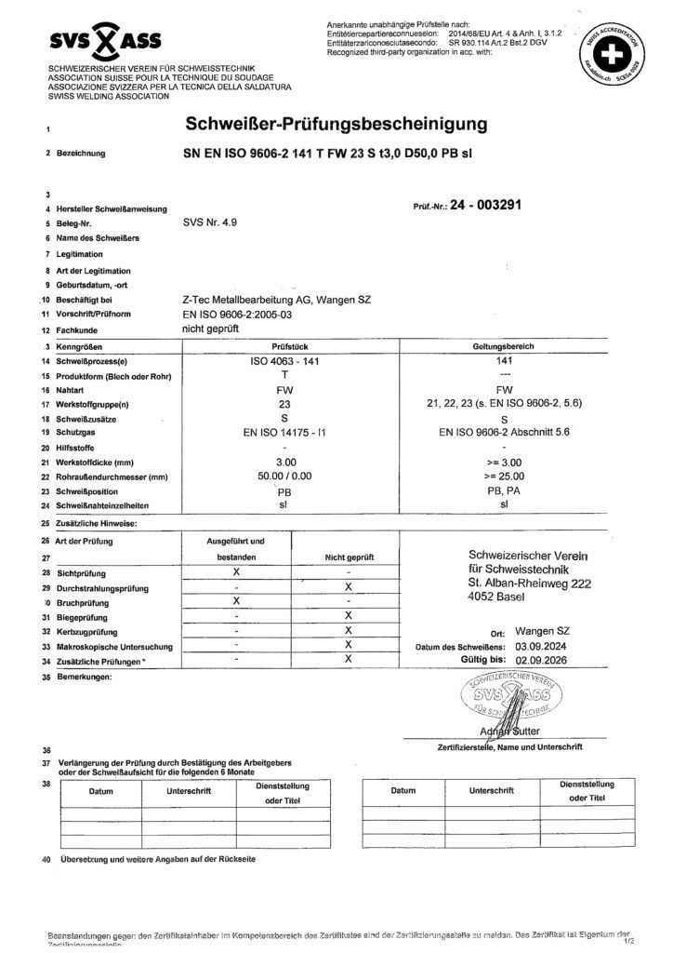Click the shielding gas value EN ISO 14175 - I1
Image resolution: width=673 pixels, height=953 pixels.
click(x=285, y=433)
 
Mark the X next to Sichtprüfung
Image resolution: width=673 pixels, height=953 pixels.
click(x=238, y=572)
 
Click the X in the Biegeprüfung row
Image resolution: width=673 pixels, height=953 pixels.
click(x=348, y=616)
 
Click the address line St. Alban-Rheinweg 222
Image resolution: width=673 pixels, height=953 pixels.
click(x=530, y=583)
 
